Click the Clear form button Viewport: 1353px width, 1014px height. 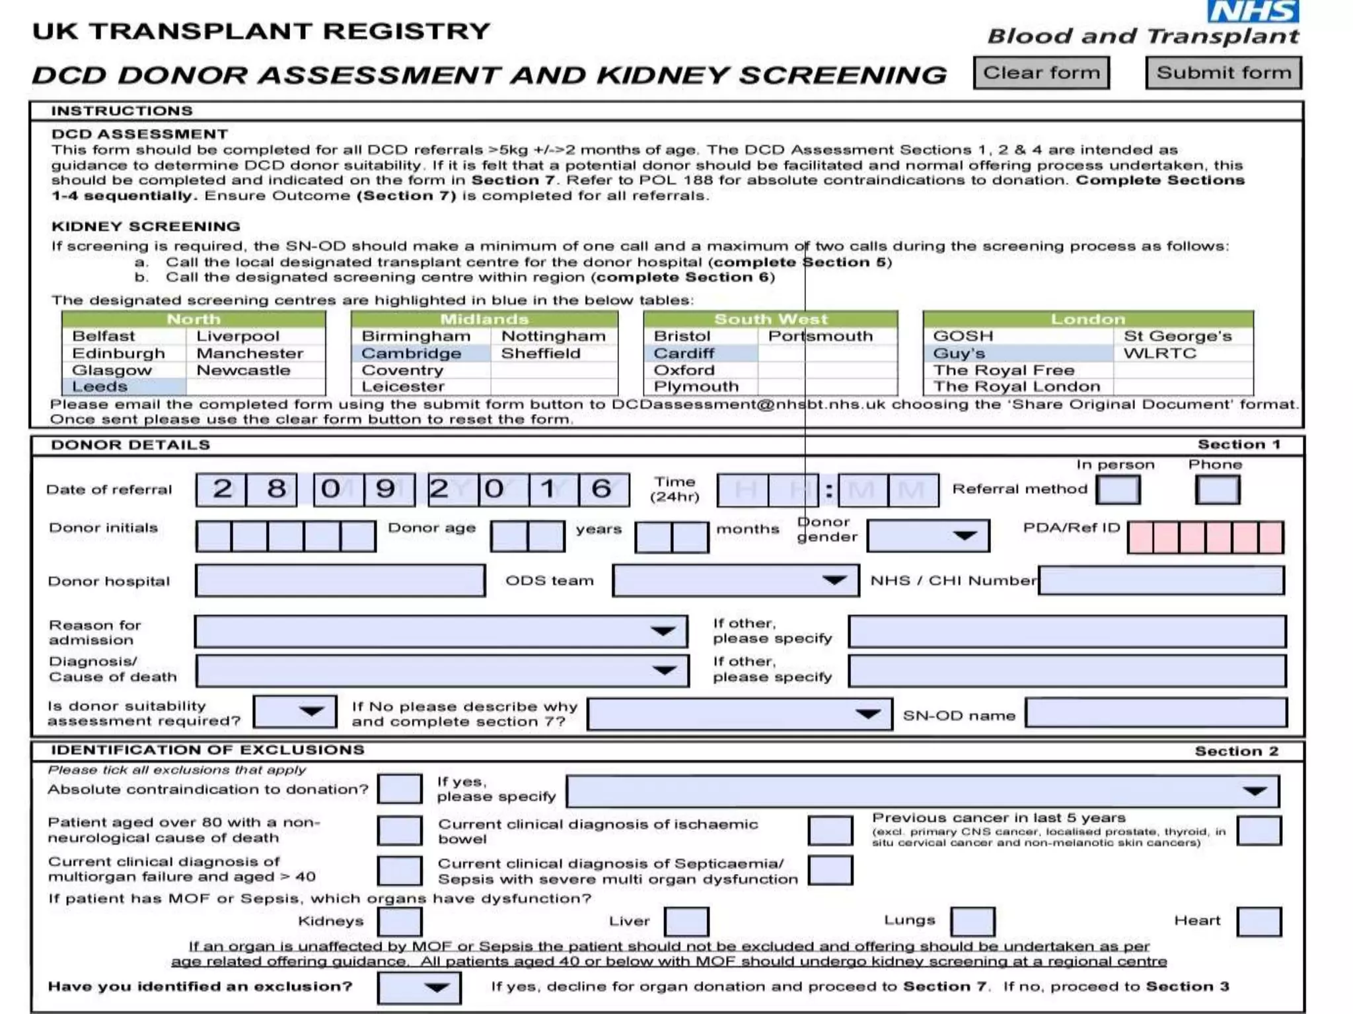[1041, 73]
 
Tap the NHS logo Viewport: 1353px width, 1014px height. [1253, 11]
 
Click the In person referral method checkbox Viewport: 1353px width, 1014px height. [1117, 490]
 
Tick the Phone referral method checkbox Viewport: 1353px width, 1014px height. [1217, 490]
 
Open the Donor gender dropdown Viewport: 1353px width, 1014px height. [928, 535]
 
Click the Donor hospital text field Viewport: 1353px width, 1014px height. [340, 581]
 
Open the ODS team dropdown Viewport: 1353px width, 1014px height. [735, 581]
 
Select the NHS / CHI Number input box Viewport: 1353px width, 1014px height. [1161, 581]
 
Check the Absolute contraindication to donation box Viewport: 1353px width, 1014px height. [400, 790]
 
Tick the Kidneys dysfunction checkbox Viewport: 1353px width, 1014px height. [400, 922]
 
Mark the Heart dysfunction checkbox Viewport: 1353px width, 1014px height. [1259, 922]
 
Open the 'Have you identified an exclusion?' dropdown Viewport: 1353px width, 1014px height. [419, 988]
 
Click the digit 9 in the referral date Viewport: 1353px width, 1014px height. [385, 490]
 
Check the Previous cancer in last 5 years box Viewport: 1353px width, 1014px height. [1259, 831]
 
